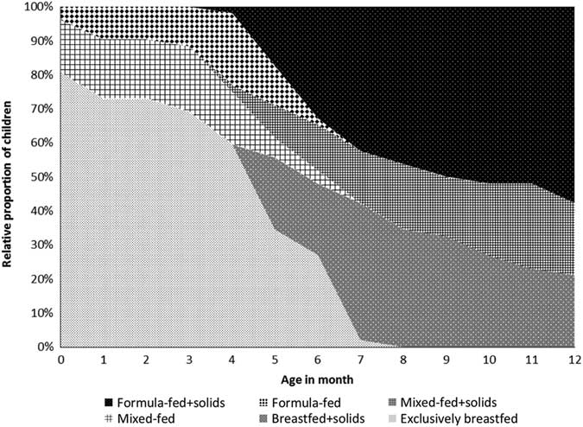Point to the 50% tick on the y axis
point(41,177)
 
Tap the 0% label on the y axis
point(44,347)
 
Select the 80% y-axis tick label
point(41,75)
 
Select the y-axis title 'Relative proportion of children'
point(10,177)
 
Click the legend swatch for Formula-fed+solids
point(108,401)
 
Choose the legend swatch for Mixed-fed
point(108,417)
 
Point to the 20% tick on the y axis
point(41,279)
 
